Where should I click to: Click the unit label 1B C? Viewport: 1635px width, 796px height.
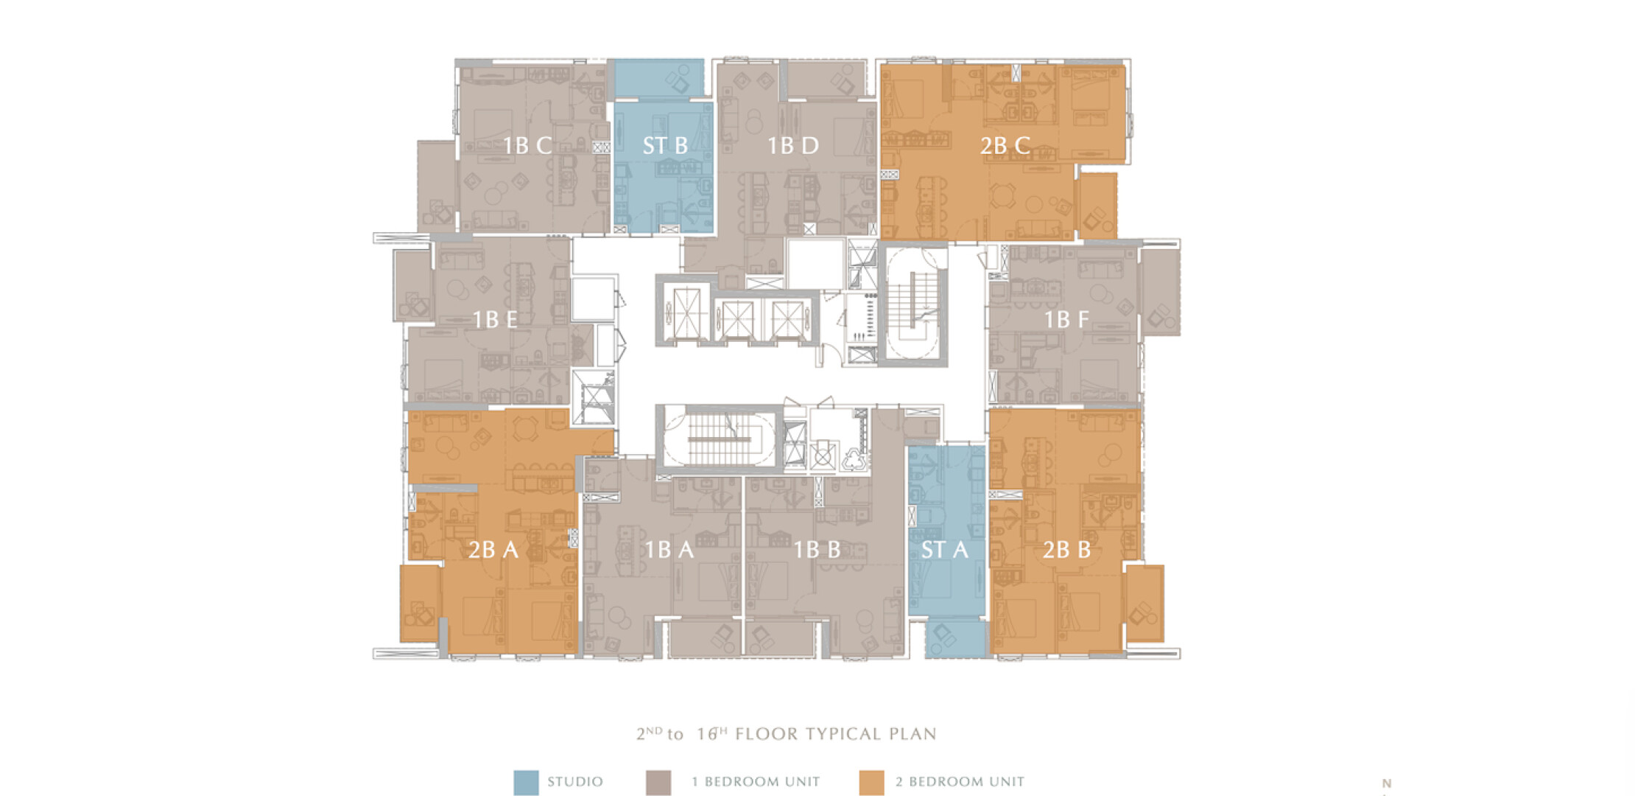[527, 145]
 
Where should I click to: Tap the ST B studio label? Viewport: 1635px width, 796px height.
[665, 145]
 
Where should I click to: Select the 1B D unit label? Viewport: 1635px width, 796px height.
[793, 145]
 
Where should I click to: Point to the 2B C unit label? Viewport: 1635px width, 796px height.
[1005, 145]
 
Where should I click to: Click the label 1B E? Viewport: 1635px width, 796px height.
[495, 319]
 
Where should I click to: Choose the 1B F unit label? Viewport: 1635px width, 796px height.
[1066, 319]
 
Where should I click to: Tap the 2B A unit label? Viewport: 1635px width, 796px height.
[493, 549]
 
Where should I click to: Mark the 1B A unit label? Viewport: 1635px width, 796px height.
[669, 549]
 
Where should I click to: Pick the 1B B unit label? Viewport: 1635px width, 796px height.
[817, 549]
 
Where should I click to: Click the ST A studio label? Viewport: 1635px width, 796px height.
[945, 549]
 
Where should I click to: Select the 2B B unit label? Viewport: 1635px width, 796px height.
[1066, 549]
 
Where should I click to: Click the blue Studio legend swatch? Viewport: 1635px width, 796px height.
[526, 783]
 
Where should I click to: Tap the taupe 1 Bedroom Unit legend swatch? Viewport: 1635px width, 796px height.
[658, 783]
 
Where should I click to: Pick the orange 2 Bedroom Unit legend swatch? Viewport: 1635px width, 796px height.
[872, 783]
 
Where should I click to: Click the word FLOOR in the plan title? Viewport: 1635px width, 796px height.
[767, 734]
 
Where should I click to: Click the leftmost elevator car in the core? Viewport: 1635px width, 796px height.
[686, 313]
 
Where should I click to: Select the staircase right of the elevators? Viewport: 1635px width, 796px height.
[913, 305]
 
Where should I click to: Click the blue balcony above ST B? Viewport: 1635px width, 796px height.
[659, 78]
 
